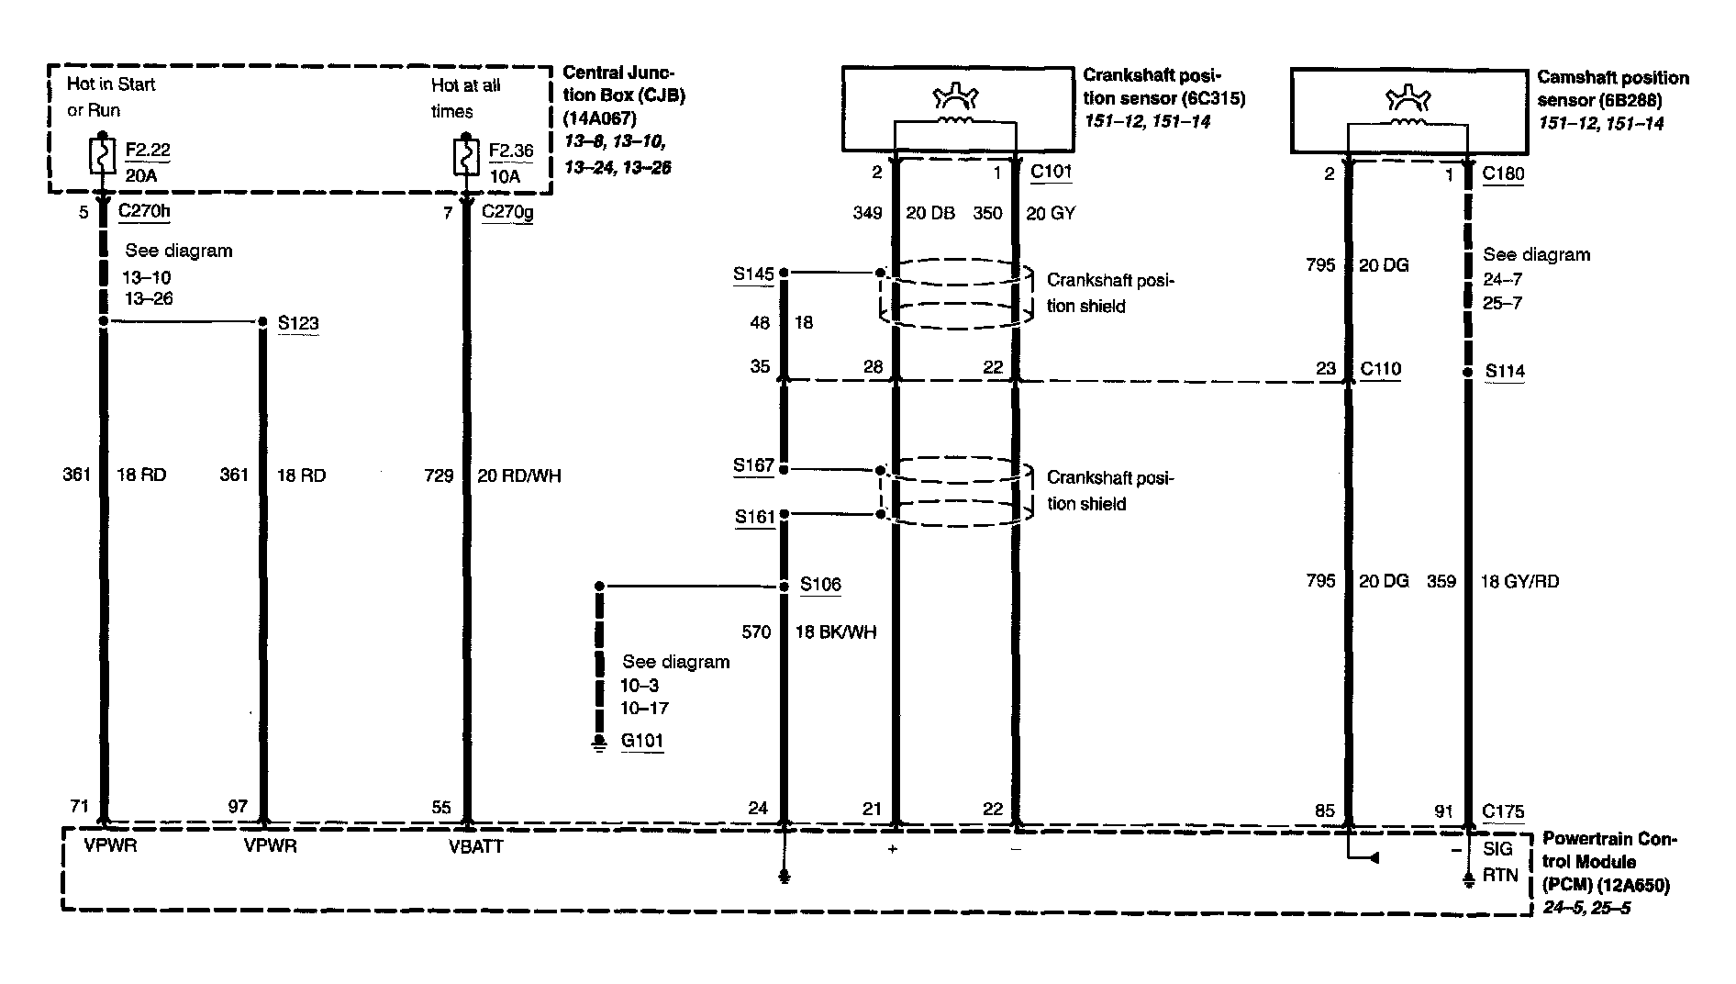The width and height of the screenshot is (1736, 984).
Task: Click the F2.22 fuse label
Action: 148,151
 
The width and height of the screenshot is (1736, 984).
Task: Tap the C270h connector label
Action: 144,212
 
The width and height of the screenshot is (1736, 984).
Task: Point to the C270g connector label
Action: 507,213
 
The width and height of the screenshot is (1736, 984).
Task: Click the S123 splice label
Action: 297,323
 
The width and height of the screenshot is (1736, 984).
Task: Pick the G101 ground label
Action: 641,741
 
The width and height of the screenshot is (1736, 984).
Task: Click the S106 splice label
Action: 820,585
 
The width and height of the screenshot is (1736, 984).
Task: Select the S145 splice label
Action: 753,274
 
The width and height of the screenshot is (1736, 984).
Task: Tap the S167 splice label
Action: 753,465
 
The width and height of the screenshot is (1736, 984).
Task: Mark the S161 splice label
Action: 755,517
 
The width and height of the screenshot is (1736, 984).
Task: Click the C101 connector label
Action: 1051,172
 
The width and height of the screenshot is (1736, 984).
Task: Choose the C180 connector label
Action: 1503,173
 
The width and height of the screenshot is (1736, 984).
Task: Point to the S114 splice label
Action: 1505,371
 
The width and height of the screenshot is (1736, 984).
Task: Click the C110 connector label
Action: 1380,369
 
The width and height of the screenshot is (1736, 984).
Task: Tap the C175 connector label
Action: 1503,811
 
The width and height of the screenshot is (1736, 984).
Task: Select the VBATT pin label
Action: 475,846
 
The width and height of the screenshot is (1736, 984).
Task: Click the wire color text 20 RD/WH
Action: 518,475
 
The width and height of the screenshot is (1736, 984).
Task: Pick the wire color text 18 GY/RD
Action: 1519,581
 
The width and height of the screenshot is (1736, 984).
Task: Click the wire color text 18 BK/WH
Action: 835,632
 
